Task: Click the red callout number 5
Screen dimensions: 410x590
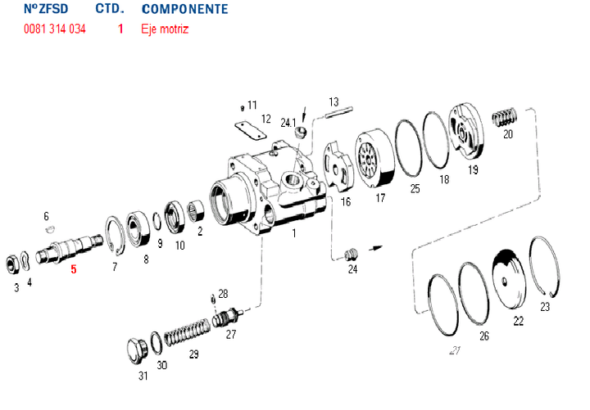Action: coord(73,269)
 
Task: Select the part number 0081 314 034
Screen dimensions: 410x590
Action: coord(55,29)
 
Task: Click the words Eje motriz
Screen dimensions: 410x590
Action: coord(165,29)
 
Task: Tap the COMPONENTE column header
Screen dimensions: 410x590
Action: coord(184,10)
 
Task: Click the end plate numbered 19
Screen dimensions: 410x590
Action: coord(467,133)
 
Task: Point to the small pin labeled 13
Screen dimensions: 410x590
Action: coord(334,113)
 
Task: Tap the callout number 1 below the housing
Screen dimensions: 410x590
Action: coord(294,233)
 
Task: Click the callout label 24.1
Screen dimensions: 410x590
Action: coord(288,123)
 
